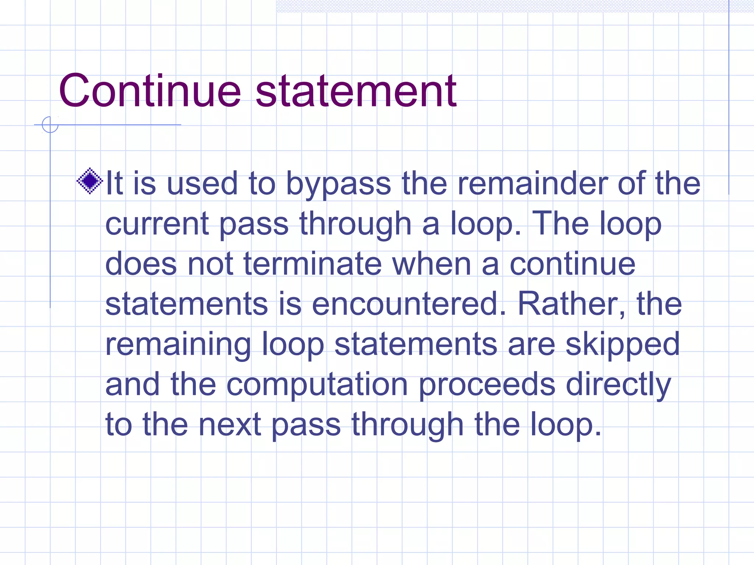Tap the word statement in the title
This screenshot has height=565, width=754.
pos(356,91)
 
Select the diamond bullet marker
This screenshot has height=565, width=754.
pos(90,181)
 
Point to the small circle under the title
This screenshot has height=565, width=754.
pos(50,125)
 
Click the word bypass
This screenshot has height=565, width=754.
pos(338,184)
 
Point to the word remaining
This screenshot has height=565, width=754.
pos(178,345)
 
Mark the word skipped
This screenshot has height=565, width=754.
pos(623,345)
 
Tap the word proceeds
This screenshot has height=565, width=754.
pos(487,385)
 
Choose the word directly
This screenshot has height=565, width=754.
pos(619,385)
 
